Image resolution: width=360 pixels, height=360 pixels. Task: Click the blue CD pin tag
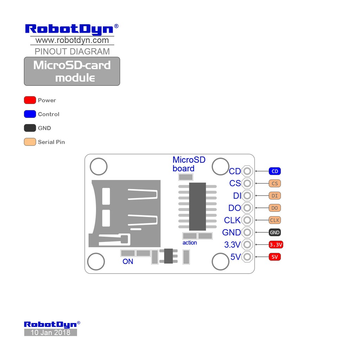pos(275,171)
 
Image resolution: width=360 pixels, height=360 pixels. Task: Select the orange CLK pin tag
pos(275,220)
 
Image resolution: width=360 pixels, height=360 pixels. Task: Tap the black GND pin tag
pos(275,232)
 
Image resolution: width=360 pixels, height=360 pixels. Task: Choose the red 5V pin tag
pos(275,257)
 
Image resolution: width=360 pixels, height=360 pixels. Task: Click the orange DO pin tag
pos(275,208)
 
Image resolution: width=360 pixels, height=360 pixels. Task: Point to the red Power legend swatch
pos(30,100)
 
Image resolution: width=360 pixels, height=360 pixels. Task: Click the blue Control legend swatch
pos(30,114)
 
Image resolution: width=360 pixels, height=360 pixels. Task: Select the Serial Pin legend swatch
pos(30,142)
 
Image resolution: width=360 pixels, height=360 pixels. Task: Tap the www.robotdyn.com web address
pos(72,40)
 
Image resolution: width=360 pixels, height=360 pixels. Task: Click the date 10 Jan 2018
pos(50,333)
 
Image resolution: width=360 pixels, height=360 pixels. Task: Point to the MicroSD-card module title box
pos(72,71)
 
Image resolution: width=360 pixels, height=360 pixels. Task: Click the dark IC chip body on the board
pos(197,206)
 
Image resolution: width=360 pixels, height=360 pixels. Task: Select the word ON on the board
pos(128,262)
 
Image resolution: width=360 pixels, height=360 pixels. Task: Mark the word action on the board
pos(189,243)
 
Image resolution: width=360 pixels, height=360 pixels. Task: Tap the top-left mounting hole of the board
pos(98,167)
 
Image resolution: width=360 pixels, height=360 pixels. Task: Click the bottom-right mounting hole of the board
pos(220,262)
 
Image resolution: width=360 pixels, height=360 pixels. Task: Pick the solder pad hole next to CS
pos(247,183)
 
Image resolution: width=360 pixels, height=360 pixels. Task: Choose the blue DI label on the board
pos(237,195)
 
